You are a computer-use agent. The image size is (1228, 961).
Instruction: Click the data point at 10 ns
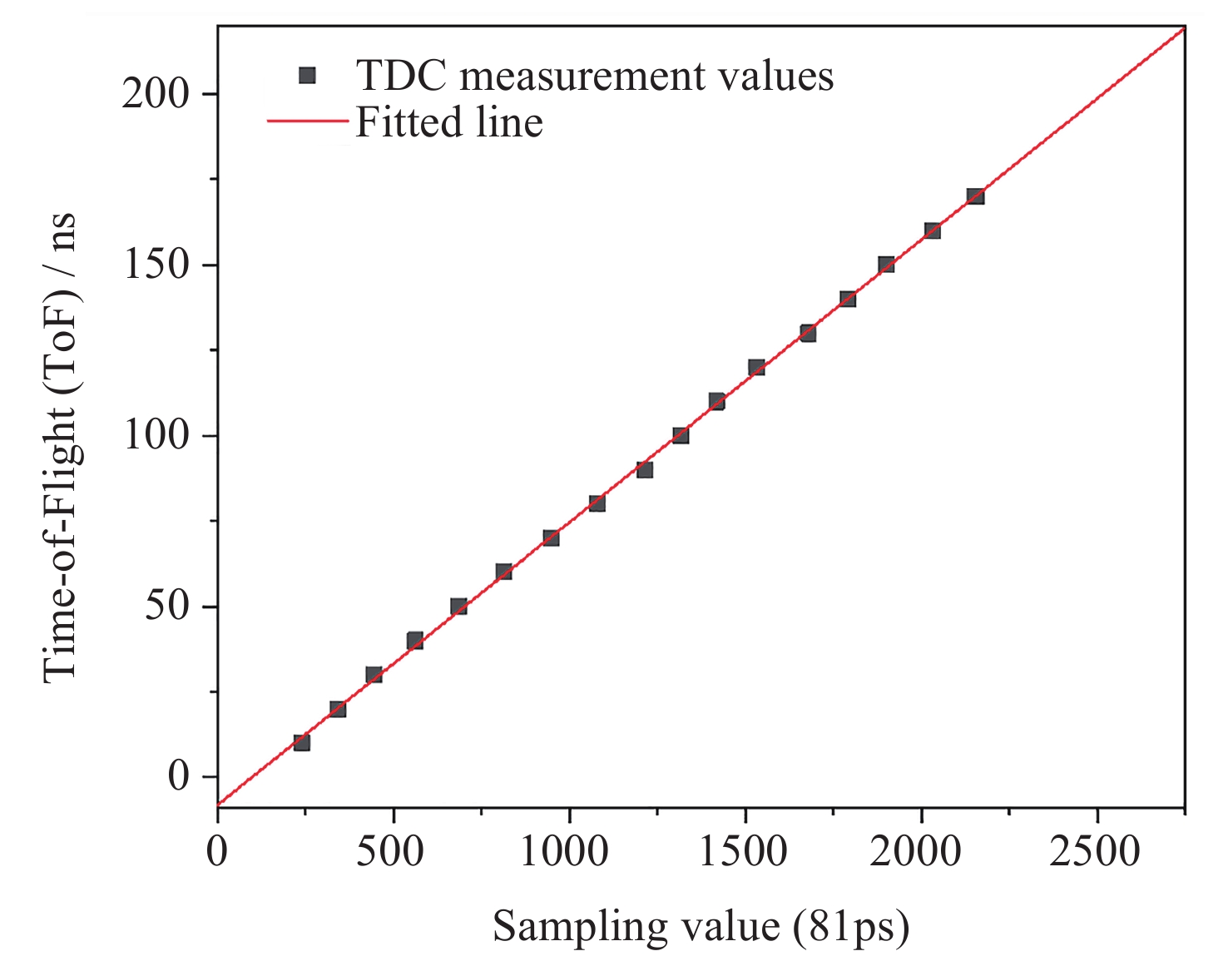point(301,742)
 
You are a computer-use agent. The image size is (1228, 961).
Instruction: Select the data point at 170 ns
point(975,196)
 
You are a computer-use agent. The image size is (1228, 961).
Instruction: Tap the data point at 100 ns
point(681,435)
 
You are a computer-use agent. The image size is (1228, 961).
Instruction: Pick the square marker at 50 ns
point(458,607)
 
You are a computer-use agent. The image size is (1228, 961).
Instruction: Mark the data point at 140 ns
point(848,299)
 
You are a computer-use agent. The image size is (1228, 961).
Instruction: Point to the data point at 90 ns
point(644,469)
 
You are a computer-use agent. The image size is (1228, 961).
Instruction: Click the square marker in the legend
point(307,76)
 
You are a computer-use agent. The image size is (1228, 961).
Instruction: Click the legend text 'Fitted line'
point(449,122)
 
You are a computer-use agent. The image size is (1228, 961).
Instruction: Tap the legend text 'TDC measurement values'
point(595,76)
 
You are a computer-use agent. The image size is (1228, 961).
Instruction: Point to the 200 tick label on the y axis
point(156,93)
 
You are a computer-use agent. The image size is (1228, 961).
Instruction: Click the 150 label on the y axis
point(156,265)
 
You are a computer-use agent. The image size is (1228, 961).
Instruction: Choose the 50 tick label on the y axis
point(167,607)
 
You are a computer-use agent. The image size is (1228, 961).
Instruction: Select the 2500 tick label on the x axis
point(1095,851)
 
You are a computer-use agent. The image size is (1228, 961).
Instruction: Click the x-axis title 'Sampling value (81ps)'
point(701,926)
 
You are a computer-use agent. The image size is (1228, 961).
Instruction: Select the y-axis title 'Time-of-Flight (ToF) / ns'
point(60,448)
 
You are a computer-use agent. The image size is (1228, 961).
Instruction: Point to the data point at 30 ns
point(374,674)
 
